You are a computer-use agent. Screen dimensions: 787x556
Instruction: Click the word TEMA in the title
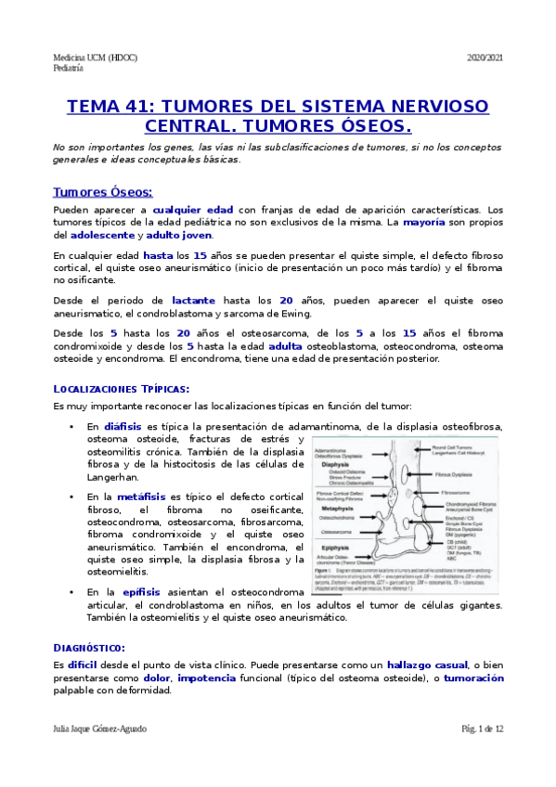[x=95, y=106]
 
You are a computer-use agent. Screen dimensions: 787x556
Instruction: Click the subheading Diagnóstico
[x=89, y=647]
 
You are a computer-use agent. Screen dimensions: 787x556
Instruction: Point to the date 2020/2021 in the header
[x=485, y=58]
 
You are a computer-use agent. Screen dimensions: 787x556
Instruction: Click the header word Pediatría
[x=69, y=68]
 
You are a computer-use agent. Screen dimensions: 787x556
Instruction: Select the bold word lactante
[x=194, y=301]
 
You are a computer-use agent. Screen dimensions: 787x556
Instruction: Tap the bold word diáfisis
[x=123, y=426]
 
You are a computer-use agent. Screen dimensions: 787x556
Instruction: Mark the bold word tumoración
[x=473, y=678]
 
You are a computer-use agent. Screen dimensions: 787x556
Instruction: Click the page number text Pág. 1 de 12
[x=482, y=729]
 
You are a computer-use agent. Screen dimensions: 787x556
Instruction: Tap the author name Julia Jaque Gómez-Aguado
[x=100, y=729]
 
